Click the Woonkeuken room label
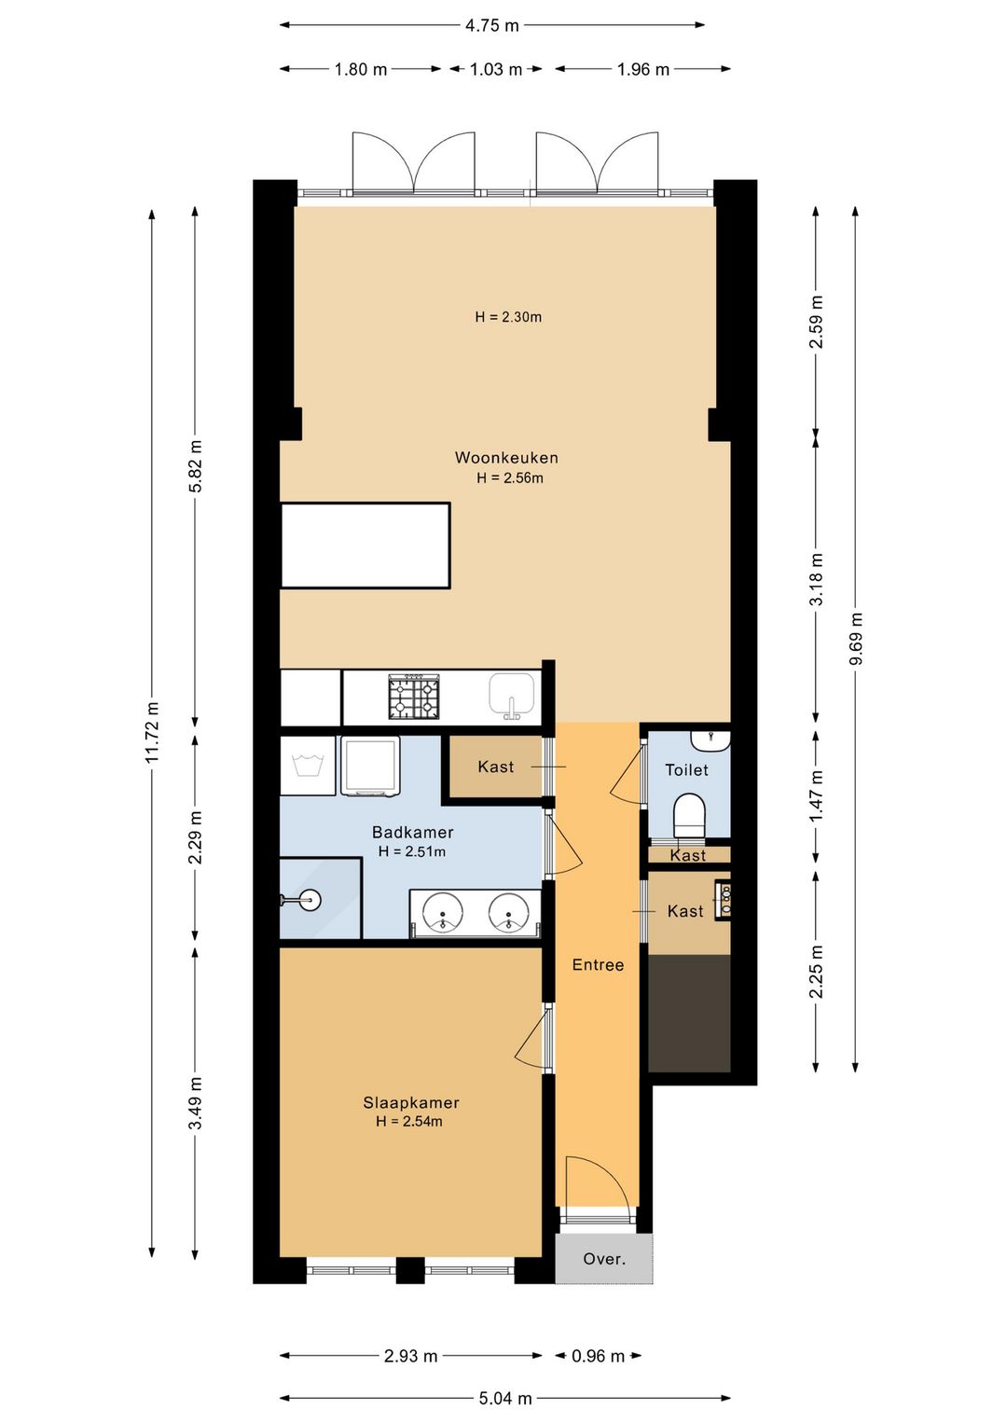tap(506, 457)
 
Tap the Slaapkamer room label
tap(410, 1103)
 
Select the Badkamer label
tap(412, 832)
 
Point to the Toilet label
tap(686, 770)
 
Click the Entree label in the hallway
tap(598, 966)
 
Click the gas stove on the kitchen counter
tap(415, 697)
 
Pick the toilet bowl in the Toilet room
tap(689, 816)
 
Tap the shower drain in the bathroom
tap(310, 900)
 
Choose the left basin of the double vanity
tap(442, 914)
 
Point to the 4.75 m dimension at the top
tap(491, 25)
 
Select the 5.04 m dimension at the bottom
tap(505, 1398)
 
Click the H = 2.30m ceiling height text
tap(508, 317)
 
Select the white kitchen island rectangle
tap(366, 546)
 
